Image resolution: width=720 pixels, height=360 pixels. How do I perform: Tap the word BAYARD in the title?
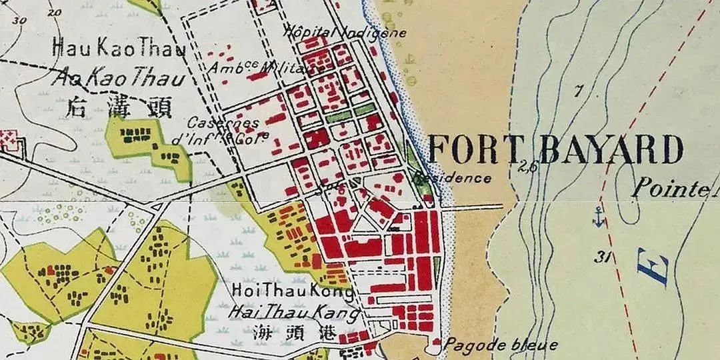[610, 150]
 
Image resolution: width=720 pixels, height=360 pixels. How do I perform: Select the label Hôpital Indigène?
[345, 31]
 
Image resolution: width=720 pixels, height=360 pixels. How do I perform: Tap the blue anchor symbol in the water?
[599, 216]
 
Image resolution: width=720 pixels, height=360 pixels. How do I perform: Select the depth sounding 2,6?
[527, 167]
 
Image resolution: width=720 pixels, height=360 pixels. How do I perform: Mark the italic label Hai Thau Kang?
[293, 311]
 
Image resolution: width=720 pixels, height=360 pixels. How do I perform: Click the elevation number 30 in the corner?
[19, 19]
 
